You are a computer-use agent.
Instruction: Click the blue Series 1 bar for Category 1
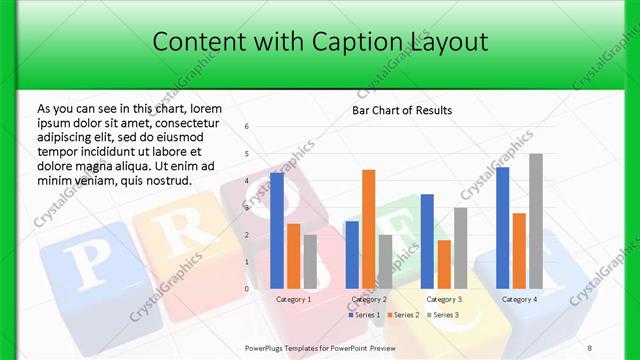[277, 230]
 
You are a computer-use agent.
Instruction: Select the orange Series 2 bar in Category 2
[368, 229]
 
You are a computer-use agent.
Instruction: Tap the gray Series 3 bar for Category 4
[535, 221]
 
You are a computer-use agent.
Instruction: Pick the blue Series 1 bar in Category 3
[427, 241]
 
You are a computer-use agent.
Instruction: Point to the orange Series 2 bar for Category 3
[444, 264]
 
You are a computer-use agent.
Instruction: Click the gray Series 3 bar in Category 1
[310, 261]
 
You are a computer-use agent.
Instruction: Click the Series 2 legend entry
[405, 315]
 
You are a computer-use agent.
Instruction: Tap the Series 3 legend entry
[443, 315]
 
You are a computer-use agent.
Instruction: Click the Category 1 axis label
[294, 299]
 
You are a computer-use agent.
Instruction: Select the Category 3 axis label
[444, 299]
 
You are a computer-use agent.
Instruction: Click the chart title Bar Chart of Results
[402, 109]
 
